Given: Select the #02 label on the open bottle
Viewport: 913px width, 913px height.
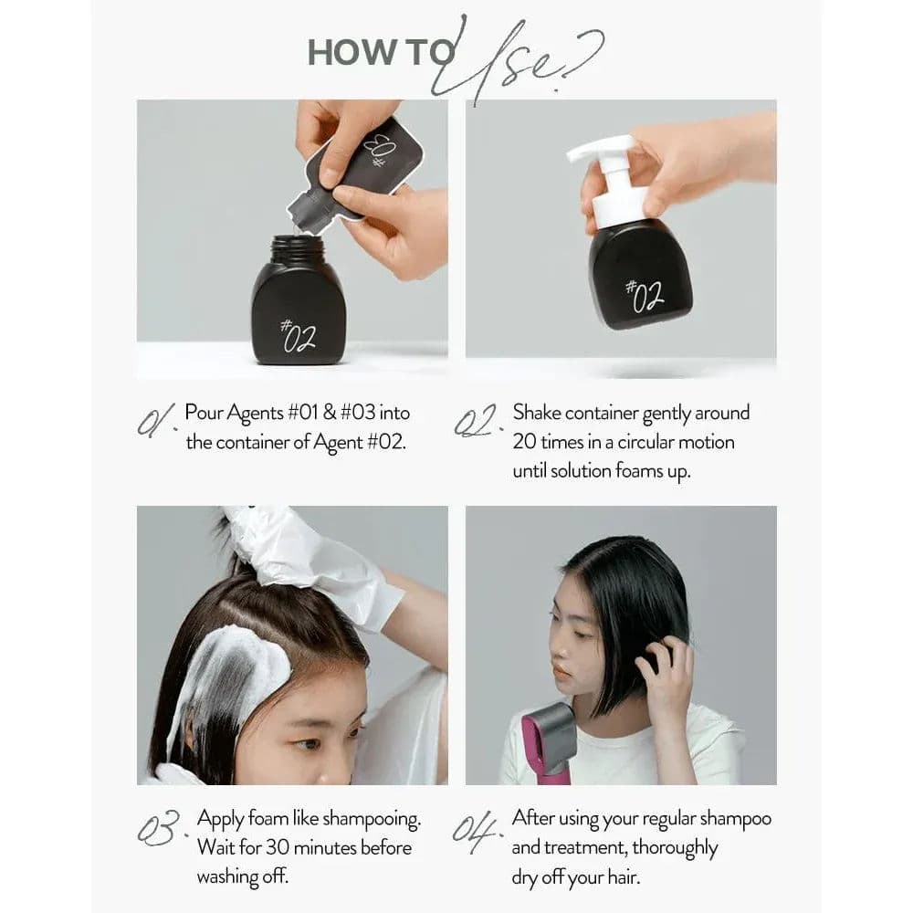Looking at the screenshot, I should click(x=298, y=337).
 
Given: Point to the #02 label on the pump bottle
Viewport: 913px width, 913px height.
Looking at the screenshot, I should click(x=645, y=294).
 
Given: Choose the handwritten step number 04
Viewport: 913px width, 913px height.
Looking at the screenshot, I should click(x=477, y=830).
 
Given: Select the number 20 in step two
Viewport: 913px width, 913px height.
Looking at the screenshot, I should click(x=524, y=442).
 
